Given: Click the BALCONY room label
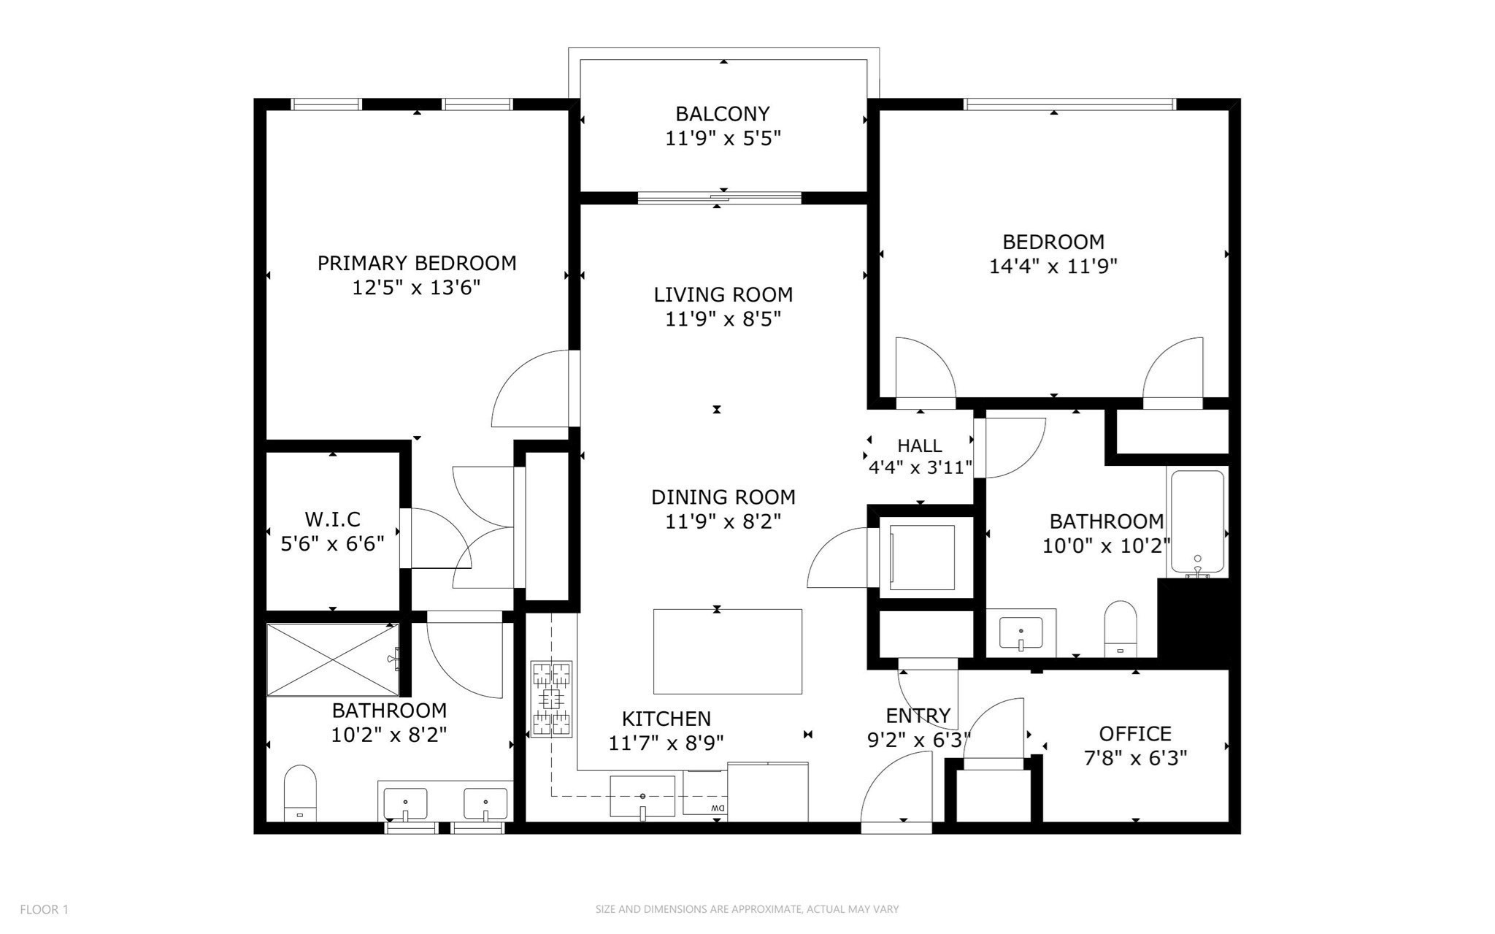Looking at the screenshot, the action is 723,114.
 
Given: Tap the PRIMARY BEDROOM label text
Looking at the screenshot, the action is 417,263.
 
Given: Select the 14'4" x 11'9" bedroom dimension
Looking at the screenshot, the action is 1053,266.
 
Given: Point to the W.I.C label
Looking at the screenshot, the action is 333,519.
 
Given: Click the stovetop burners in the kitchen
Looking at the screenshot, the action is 551,699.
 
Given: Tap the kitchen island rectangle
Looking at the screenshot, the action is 728,651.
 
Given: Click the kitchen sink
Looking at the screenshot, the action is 642,796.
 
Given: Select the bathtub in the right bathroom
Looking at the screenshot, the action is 1198,523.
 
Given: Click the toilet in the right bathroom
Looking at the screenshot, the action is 1121,628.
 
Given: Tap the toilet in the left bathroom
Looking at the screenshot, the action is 299,793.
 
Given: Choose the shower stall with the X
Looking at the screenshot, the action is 333,659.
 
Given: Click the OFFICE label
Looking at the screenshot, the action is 1135,733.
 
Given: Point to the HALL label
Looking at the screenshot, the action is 920,445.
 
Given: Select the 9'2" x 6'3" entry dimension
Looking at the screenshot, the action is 918,740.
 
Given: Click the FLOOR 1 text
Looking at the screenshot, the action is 44,909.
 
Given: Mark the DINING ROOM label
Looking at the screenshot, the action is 723,497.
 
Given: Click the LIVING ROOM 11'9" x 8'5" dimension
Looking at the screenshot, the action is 723,319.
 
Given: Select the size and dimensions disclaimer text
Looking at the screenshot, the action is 747,909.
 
